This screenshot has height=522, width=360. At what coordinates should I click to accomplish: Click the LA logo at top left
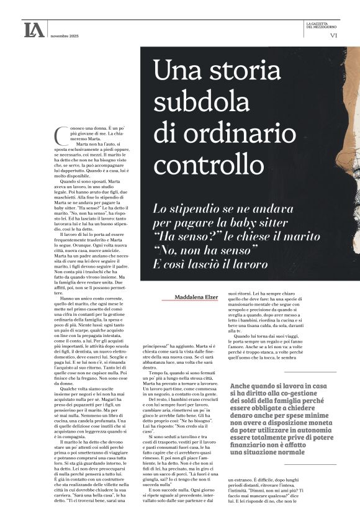click(34, 30)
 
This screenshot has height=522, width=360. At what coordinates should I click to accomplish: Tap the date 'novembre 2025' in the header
click(64, 35)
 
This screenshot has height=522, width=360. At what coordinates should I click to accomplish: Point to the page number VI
click(334, 35)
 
